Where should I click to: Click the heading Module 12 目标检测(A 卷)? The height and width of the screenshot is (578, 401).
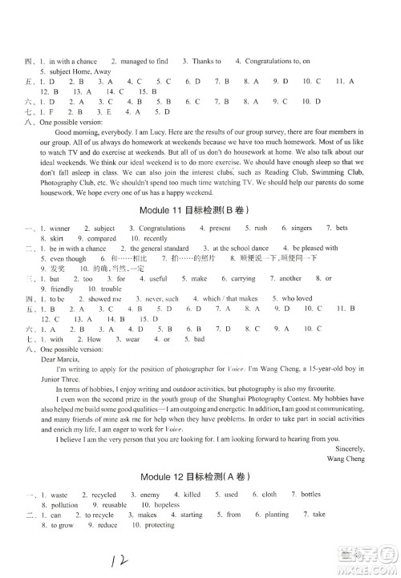[199, 475]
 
